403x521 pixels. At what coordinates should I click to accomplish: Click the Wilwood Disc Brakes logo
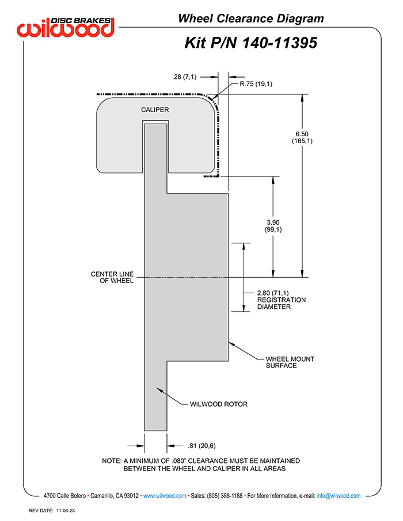click(66, 27)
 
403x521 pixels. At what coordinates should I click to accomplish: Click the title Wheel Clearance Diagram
click(251, 18)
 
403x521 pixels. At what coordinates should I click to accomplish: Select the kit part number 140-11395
click(279, 43)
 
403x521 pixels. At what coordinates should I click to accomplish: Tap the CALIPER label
click(155, 110)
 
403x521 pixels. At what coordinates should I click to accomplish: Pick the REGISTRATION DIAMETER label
click(281, 304)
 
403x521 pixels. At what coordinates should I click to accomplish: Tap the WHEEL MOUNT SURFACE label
click(290, 362)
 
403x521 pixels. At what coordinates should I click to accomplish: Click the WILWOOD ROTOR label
click(219, 404)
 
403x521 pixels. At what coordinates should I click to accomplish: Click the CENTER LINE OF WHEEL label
click(112, 277)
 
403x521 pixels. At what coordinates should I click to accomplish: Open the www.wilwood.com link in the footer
click(165, 496)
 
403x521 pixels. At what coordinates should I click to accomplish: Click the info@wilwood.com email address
click(339, 496)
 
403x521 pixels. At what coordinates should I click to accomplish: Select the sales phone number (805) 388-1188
click(225, 496)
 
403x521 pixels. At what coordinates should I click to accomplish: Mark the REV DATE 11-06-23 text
click(52, 511)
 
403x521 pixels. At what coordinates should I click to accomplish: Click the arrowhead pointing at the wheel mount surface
click(232, 344)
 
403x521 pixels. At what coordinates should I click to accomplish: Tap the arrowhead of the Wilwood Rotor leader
click(159, 390)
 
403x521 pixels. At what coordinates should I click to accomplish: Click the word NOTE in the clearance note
click(112, 461)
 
